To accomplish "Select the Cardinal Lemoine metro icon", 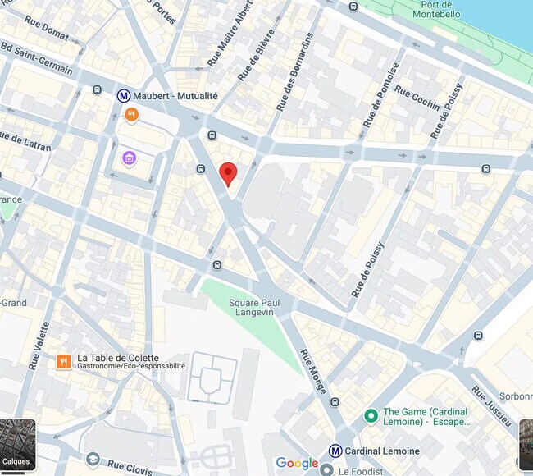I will (x=335, y=451).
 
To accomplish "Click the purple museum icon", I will (x=129, y=158).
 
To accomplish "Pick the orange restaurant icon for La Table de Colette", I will (x=63, y=361).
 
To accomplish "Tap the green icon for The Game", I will (x=371, y=417).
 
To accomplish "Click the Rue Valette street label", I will (x=39, y=345).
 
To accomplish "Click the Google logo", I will (x=297, y=464).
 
